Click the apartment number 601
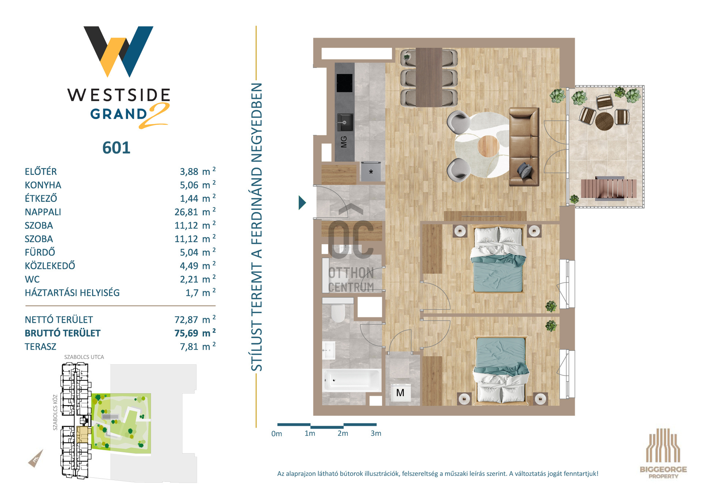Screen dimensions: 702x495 point(116,148)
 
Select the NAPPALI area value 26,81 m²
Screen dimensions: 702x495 point(195,211)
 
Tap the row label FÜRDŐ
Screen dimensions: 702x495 point(40,252)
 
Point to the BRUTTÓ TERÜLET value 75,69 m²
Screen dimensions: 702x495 point(195,333)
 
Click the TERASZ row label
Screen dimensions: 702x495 point(41,346)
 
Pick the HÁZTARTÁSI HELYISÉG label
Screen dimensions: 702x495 point(72,293)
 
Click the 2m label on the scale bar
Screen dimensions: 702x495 point(343,433)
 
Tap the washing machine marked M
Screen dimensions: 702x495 point(400,393)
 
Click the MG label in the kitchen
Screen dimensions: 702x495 point(344,142)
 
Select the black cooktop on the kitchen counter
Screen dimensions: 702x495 point(344,83)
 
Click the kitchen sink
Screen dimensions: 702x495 point(345,122)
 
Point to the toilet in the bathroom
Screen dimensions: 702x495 point(338,312)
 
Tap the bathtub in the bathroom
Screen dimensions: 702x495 point(351,380)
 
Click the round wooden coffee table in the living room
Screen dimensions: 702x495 point(488,146)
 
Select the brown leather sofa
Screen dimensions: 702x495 point(524,146)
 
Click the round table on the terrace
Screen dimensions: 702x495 point(604,121)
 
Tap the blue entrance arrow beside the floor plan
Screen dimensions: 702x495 point(302,203)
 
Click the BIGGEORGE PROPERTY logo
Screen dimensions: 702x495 point(663,453)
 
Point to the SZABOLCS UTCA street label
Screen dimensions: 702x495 point(84,357)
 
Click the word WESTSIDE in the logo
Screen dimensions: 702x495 point(119,95)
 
